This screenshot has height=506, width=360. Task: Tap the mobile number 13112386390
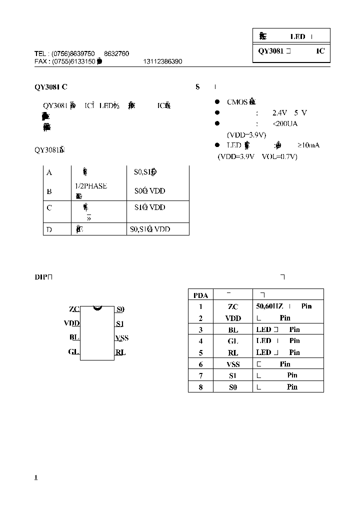[x=162, y=61]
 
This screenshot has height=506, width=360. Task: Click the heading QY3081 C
[x=50, y=87]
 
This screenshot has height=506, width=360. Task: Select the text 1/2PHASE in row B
[x=91, y=186]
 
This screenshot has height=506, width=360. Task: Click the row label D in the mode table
[x=49, y=229]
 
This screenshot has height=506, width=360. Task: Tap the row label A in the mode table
[x=49, y=172]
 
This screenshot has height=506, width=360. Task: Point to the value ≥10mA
[x=308, y=145]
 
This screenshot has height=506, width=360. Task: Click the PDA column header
[x=200, y=295]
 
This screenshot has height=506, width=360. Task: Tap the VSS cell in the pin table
[x=233, y=364]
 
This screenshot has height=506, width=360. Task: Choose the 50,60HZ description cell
[x=283, y=306]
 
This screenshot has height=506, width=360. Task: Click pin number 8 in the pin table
[x=200, y=387]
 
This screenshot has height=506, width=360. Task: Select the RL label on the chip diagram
[x=120, y=352]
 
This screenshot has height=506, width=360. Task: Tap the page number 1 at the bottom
[x=36, y=477]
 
